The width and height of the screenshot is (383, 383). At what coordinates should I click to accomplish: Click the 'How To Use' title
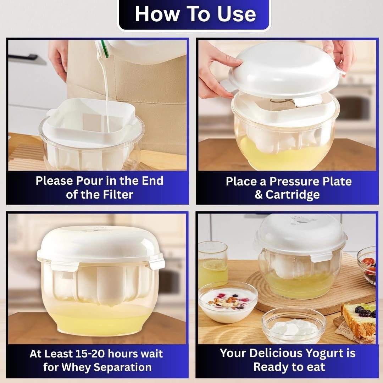pos(195,14)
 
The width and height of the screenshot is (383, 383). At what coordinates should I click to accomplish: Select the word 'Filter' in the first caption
pos(118,195)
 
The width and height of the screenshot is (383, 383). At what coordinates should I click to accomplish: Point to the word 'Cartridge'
pos(292,195)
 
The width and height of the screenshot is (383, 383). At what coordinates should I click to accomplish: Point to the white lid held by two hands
pos(283,70)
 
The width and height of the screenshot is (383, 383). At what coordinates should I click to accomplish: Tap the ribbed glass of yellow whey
pos(213,264)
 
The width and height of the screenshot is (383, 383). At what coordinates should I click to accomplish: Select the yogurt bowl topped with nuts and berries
pos(228,302)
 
